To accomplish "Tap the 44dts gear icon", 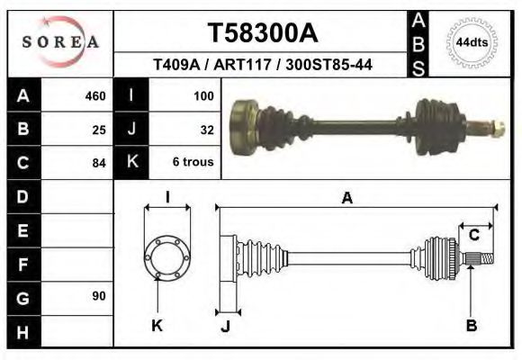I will [472, 42].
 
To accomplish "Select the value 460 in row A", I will [94, 95].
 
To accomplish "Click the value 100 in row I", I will [203, 95].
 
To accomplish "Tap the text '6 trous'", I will [193, 163].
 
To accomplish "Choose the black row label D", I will [22, 196].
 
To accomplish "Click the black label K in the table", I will [132, 163].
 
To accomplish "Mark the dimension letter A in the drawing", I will [346, 199].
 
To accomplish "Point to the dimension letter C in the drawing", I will [473, 236].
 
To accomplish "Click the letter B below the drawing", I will [471, 326].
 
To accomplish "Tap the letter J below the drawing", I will [226, 327].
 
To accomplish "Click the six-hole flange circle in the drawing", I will [167, 256].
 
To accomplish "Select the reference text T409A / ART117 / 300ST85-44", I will [263, 65].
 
